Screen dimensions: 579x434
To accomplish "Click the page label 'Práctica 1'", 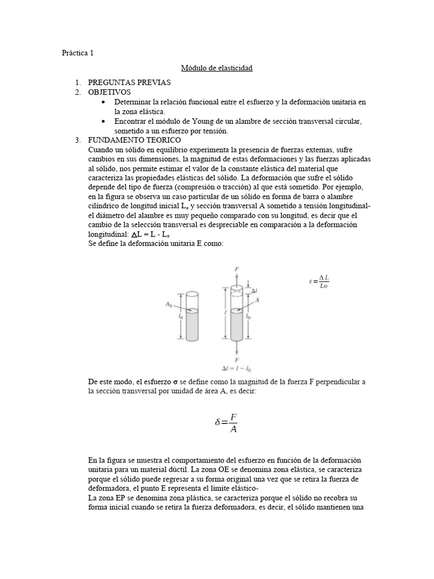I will coord(77,53).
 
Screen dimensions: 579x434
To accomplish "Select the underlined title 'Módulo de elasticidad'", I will coord(216,68).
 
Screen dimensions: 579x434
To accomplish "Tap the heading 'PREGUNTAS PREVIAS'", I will coord(129,83).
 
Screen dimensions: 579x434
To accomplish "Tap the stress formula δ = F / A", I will coord(227,422).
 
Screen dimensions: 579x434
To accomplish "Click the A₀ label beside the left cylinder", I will coord(168,305).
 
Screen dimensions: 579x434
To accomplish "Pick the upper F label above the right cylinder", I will coord(236,270).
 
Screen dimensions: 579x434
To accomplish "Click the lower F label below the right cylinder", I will coord(236,359).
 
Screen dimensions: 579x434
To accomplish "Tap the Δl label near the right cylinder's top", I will coord(254,291).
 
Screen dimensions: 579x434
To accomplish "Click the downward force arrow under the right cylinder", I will coord(236,347).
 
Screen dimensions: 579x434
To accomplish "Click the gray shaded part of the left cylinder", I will coord(193,325).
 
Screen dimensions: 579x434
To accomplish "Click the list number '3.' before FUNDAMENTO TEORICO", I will coord(79,140).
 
